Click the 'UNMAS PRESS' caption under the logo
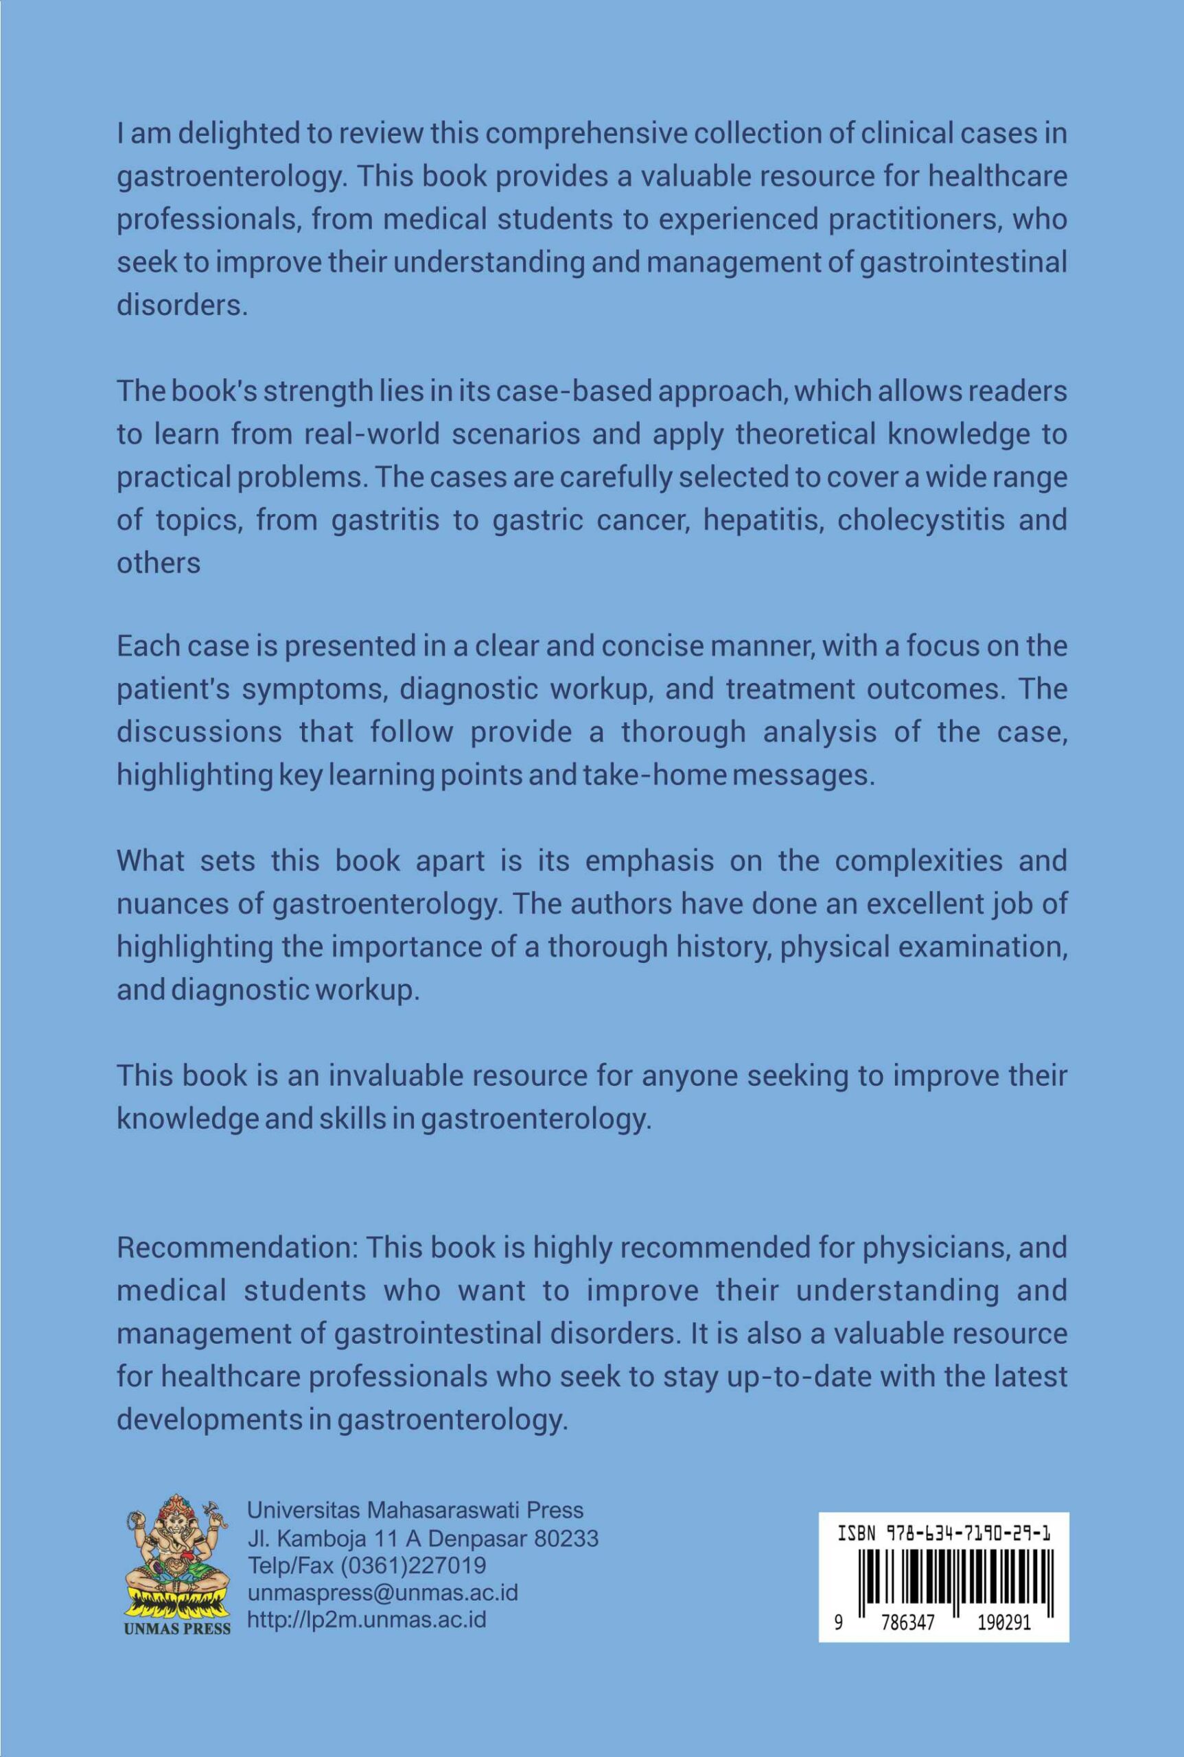coord(178,1628)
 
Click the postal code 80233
coord(566,1538)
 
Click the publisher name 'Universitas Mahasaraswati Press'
coord(415,1510)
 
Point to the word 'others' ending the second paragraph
coord(159,563)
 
